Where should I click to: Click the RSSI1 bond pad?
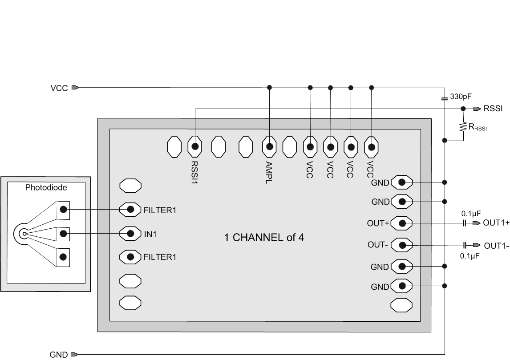coord(194,146)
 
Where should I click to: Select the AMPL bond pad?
coord(269,146)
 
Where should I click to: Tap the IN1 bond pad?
coord(131,233)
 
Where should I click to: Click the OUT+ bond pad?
coord(402,223)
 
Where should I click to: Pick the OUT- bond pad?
coord(402,245)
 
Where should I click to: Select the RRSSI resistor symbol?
coord(463,126)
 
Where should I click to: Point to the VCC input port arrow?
coord(75,88)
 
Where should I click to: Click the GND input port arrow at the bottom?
coord(75,355)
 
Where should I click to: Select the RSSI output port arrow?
coord(477,109)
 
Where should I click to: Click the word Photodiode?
coord(46,188)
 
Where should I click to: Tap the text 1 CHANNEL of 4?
coord(264,237)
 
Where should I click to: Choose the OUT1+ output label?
coord(496,223)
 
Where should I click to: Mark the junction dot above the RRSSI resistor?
coord(463,109)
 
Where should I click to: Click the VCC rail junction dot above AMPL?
coord(269,88)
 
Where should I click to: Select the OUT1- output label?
coord(496,245)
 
